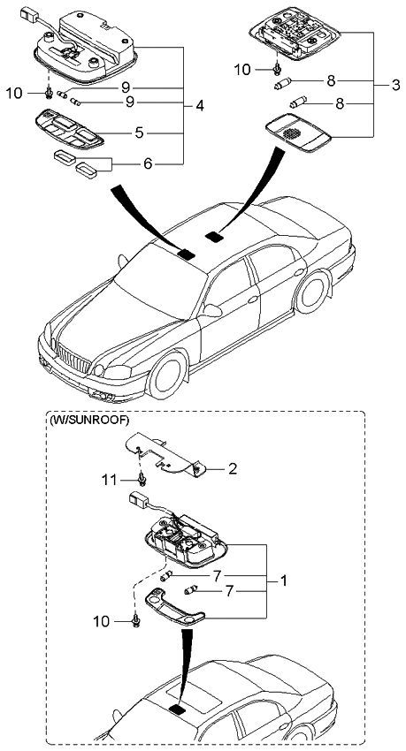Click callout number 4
(x=200, y=106)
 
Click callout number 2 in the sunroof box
(x=233, y=468)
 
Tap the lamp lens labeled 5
(x=69, y=128)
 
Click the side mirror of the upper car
(x=211, y=311)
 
